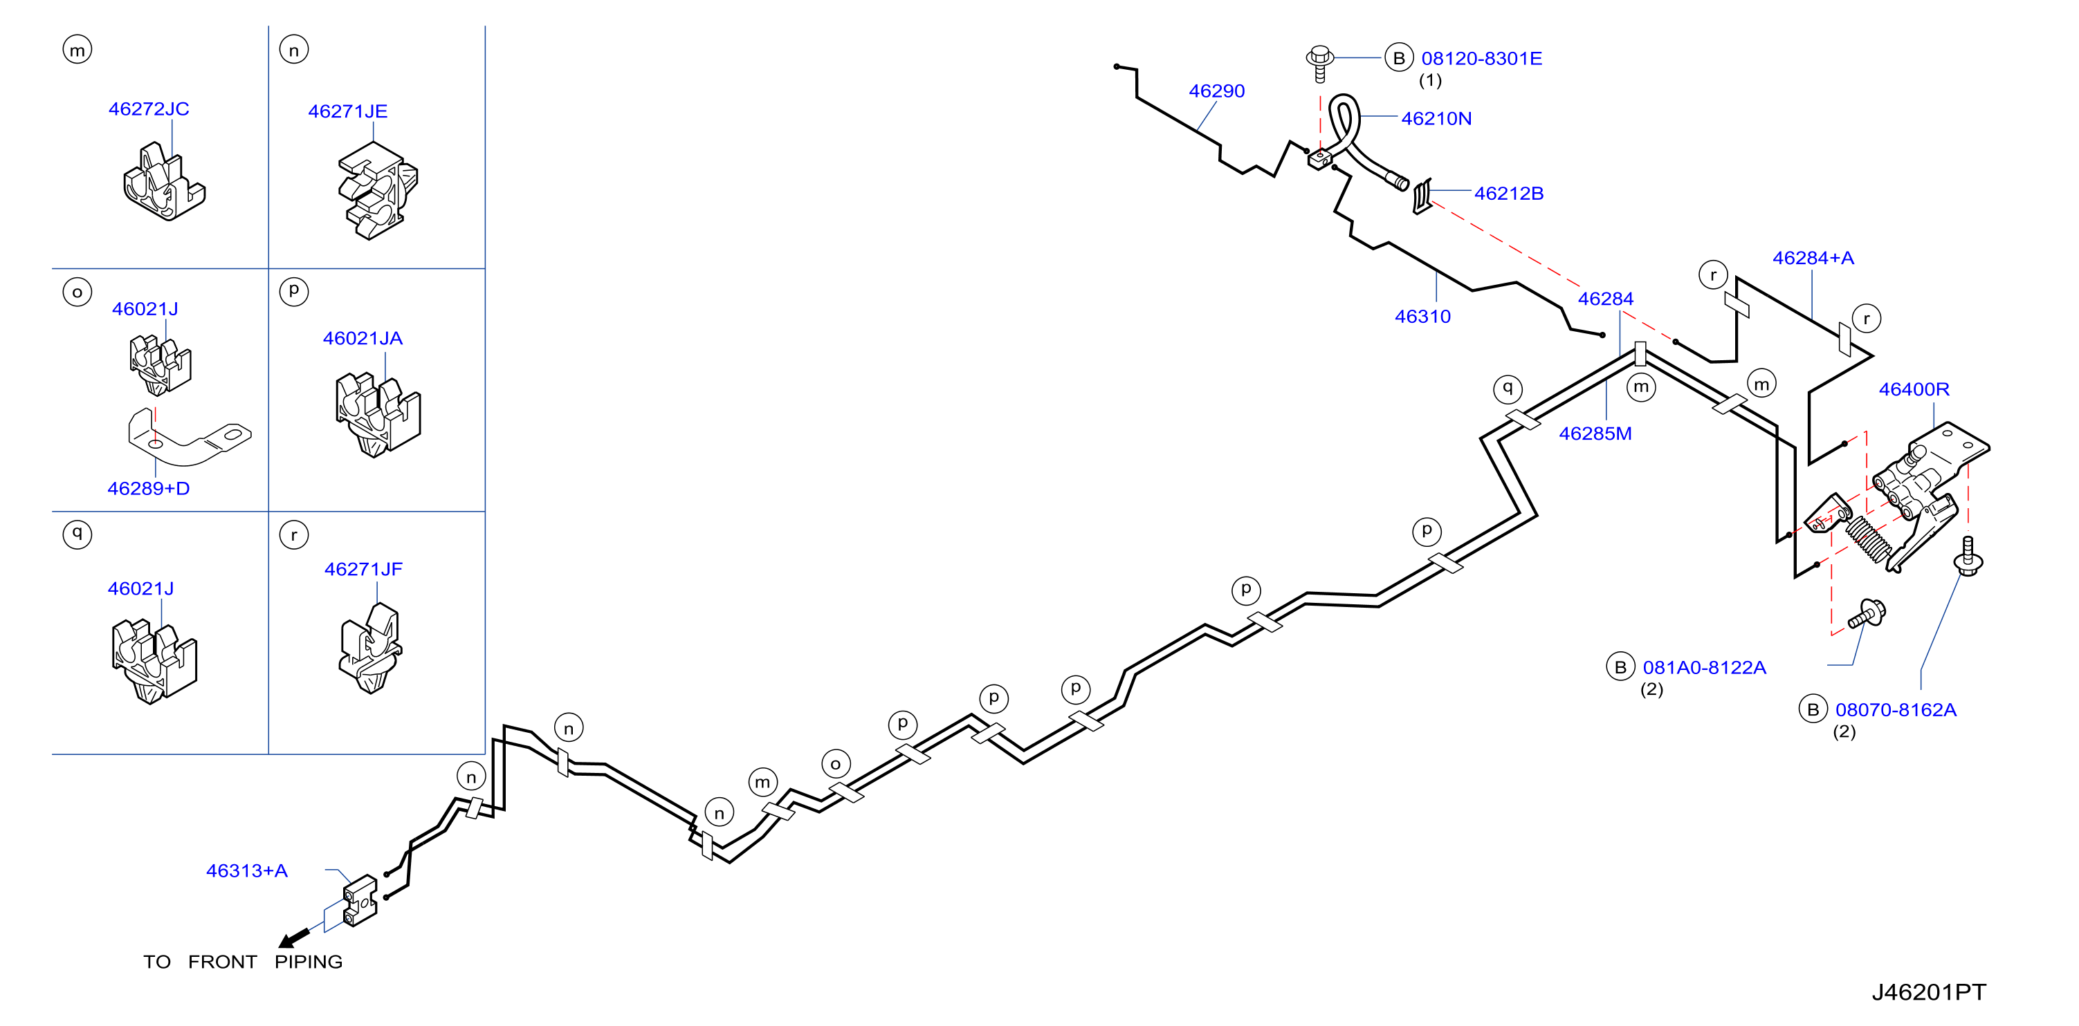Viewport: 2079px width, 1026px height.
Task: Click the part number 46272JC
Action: [149, 109]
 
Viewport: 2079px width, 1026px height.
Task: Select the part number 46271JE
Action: [348, 111]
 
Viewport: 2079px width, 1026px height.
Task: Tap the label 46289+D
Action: [149, 489]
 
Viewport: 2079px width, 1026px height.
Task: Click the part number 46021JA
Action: [363, 339]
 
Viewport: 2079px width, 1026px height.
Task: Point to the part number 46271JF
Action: [363, 570]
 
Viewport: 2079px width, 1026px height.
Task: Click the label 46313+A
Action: [247, 871]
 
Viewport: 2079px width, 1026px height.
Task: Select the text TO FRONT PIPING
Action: [243, 962]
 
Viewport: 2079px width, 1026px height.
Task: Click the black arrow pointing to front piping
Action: [294, 938]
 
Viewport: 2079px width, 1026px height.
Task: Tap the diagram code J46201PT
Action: [1929, 992]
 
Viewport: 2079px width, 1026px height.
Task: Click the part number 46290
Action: [1216, 91]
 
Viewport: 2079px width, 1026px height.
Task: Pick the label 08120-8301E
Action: [1481, 59]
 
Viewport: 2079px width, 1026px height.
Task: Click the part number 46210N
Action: [1436, 119]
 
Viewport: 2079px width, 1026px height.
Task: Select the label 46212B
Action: [1508, 194]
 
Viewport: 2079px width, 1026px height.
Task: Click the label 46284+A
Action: [1813, 258]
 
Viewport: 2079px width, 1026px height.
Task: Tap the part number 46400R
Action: [1914, 390]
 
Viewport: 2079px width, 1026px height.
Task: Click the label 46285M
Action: [1595, 434]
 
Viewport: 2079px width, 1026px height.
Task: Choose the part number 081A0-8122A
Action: [1704, 668]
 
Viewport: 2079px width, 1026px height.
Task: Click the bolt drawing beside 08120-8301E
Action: [1319, 64]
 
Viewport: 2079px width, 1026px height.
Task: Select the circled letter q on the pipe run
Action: [1507, 389]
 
